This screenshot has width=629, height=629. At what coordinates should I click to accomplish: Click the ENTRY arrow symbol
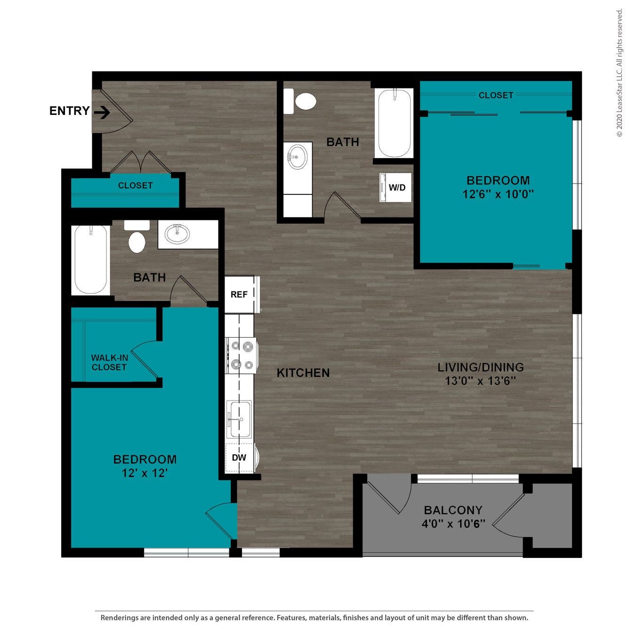(x=102, y=112)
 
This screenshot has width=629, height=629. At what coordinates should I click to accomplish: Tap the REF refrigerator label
(x=239, y=295)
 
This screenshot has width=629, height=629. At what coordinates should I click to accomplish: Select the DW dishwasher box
(x=239, y=458)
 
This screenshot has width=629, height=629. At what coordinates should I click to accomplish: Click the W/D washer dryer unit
(x=396, y=187)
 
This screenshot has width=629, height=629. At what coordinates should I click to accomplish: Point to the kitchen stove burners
(x=241, y=355)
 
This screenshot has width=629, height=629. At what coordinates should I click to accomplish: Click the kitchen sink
(x=239, y=419)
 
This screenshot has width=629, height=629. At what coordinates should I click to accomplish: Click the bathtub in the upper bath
(x=394, y=123)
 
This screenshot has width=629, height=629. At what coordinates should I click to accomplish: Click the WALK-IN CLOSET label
(x=109, y=363)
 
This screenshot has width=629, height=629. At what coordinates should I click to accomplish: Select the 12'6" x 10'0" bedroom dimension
(x=498, y=194)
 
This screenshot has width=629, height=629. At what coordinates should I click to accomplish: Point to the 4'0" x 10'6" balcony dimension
(x=453, y=524)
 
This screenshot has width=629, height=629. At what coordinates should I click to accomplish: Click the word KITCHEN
(x=303, y=373)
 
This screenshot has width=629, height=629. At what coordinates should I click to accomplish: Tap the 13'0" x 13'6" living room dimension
(x=480, y=381)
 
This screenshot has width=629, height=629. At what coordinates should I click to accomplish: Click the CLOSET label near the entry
(x=135, y=185)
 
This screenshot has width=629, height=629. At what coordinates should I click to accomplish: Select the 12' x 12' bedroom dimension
(x=145, y=473)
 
